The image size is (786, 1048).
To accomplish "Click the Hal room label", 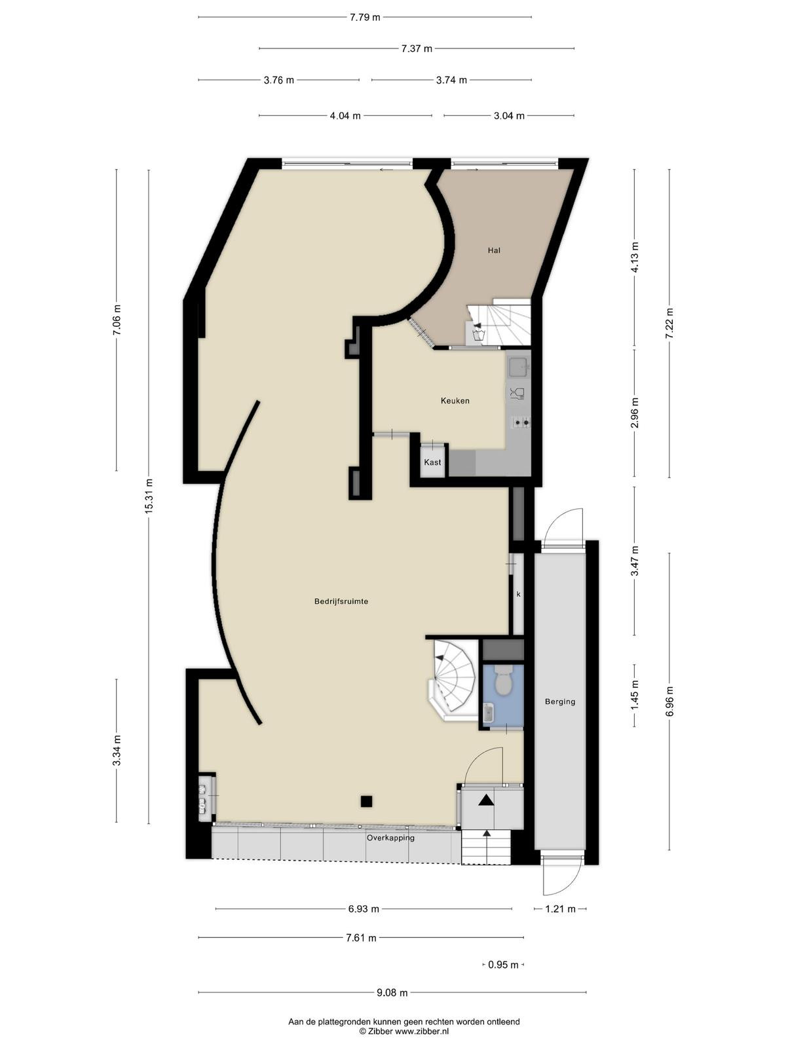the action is [494, 250].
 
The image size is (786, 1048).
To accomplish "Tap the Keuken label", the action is [455, 401].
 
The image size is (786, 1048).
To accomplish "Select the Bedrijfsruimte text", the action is [341, 601].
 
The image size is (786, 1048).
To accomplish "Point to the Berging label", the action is [560, 702].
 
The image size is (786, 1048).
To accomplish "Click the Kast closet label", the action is [432, 462].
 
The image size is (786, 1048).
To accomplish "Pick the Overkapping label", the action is [390, 838].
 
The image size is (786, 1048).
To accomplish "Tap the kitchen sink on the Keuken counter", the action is [518, 367].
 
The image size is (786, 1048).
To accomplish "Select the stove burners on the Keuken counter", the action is [521, 422].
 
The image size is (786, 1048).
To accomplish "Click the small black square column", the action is [366, 801].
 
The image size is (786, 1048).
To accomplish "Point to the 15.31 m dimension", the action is [149, 496].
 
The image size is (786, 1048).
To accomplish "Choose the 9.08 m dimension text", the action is [392, 992].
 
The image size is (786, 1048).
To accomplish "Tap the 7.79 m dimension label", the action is [365, 18].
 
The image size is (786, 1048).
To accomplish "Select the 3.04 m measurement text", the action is [509, 115].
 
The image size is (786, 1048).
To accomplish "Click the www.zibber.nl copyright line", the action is [404, 1031].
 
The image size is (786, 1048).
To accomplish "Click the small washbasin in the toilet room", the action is [488, 713].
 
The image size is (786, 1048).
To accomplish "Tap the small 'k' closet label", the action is [518, 595].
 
